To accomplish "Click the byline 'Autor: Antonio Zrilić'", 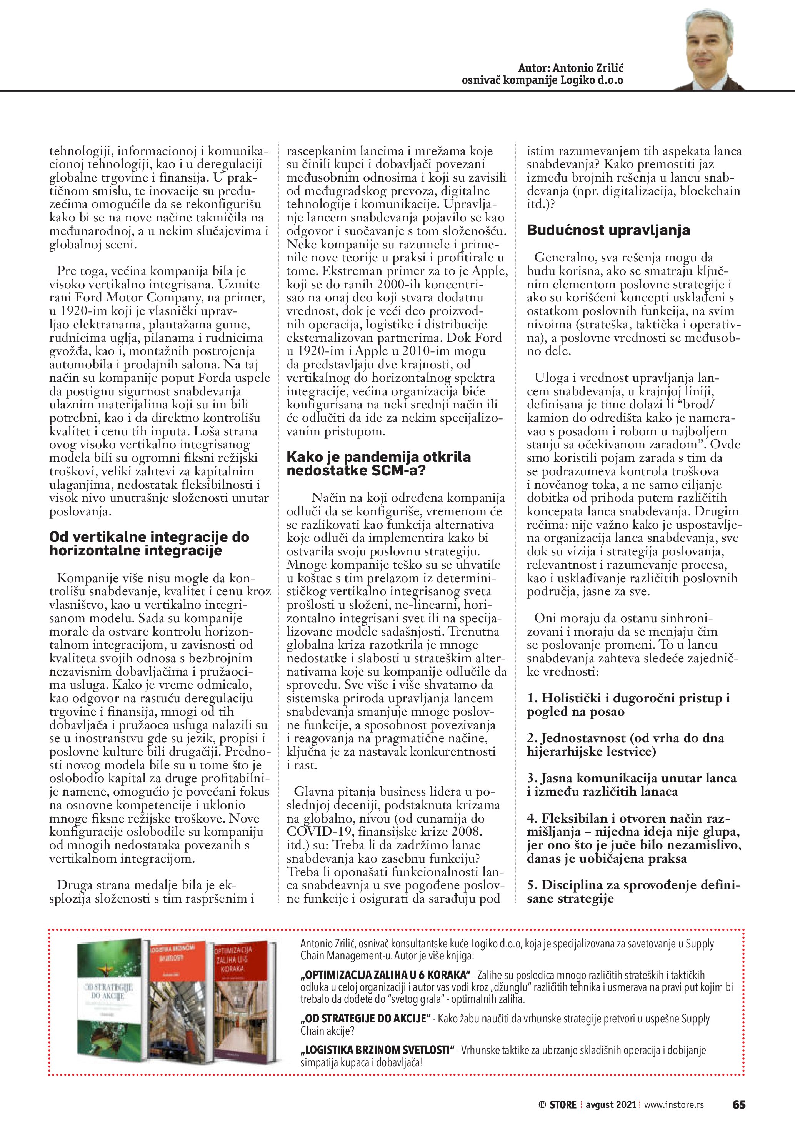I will tap(570, 68).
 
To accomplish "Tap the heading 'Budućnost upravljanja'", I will tap(608, 230).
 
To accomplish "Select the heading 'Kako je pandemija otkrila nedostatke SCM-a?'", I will tap(378, 464).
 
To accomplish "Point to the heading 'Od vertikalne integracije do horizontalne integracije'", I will tap(149, 543).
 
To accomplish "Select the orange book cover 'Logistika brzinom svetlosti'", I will tap(179, 1001).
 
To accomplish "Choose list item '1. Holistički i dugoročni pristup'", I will tap(628, 705).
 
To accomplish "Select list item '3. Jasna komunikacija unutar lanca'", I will tap(631, 785).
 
